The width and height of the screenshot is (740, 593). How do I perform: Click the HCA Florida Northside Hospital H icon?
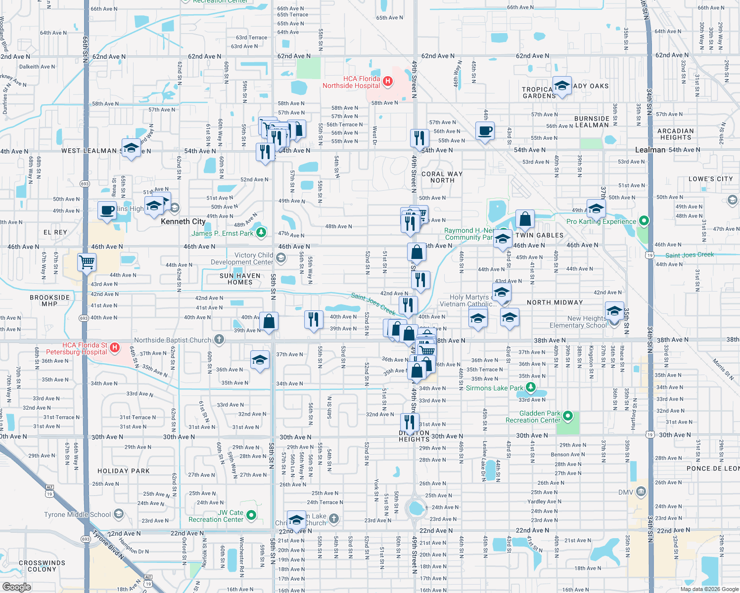388,82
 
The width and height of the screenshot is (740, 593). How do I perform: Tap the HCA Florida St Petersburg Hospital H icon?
115,348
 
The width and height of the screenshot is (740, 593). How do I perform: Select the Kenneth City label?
183,221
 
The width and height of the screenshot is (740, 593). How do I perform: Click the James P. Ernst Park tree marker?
261,233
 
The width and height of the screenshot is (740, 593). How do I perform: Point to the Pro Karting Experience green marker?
644,221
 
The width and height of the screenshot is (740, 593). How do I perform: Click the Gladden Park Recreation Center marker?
568,417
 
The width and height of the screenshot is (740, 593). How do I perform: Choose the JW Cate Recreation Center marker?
251,515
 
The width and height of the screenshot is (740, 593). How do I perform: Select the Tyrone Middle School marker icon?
119,514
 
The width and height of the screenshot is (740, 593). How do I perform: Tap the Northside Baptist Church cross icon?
219,340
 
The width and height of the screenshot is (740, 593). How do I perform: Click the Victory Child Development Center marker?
281,258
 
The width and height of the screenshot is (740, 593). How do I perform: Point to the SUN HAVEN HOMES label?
240,279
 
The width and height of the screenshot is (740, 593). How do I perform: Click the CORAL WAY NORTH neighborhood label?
442,177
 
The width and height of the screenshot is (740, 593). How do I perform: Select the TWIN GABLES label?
539,235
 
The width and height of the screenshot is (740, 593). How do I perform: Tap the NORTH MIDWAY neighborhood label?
555,302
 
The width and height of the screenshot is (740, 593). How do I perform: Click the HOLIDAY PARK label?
123,471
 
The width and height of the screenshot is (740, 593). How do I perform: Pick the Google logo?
17,587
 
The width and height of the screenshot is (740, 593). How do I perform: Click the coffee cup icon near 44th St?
485,131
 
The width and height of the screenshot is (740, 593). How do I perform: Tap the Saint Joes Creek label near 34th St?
689,255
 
